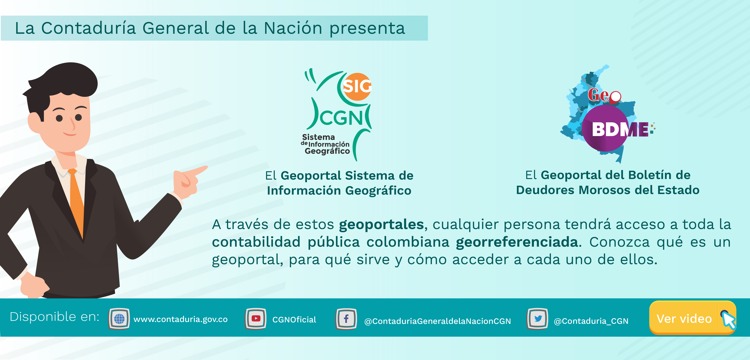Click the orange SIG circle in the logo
pyautogui.click(x=357, y=87)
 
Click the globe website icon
pyautogui.click(x=119, y=319)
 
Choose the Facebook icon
pyautogui.click(x=346, y=319)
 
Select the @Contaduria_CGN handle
pyautogui.click(x=591, y=321)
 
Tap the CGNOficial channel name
pyautogui.click(x=294, y=320)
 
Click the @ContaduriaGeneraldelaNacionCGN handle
pyautogui.click(x=438, y=321)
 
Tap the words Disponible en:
pyautogui.click(x=54, y=317)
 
